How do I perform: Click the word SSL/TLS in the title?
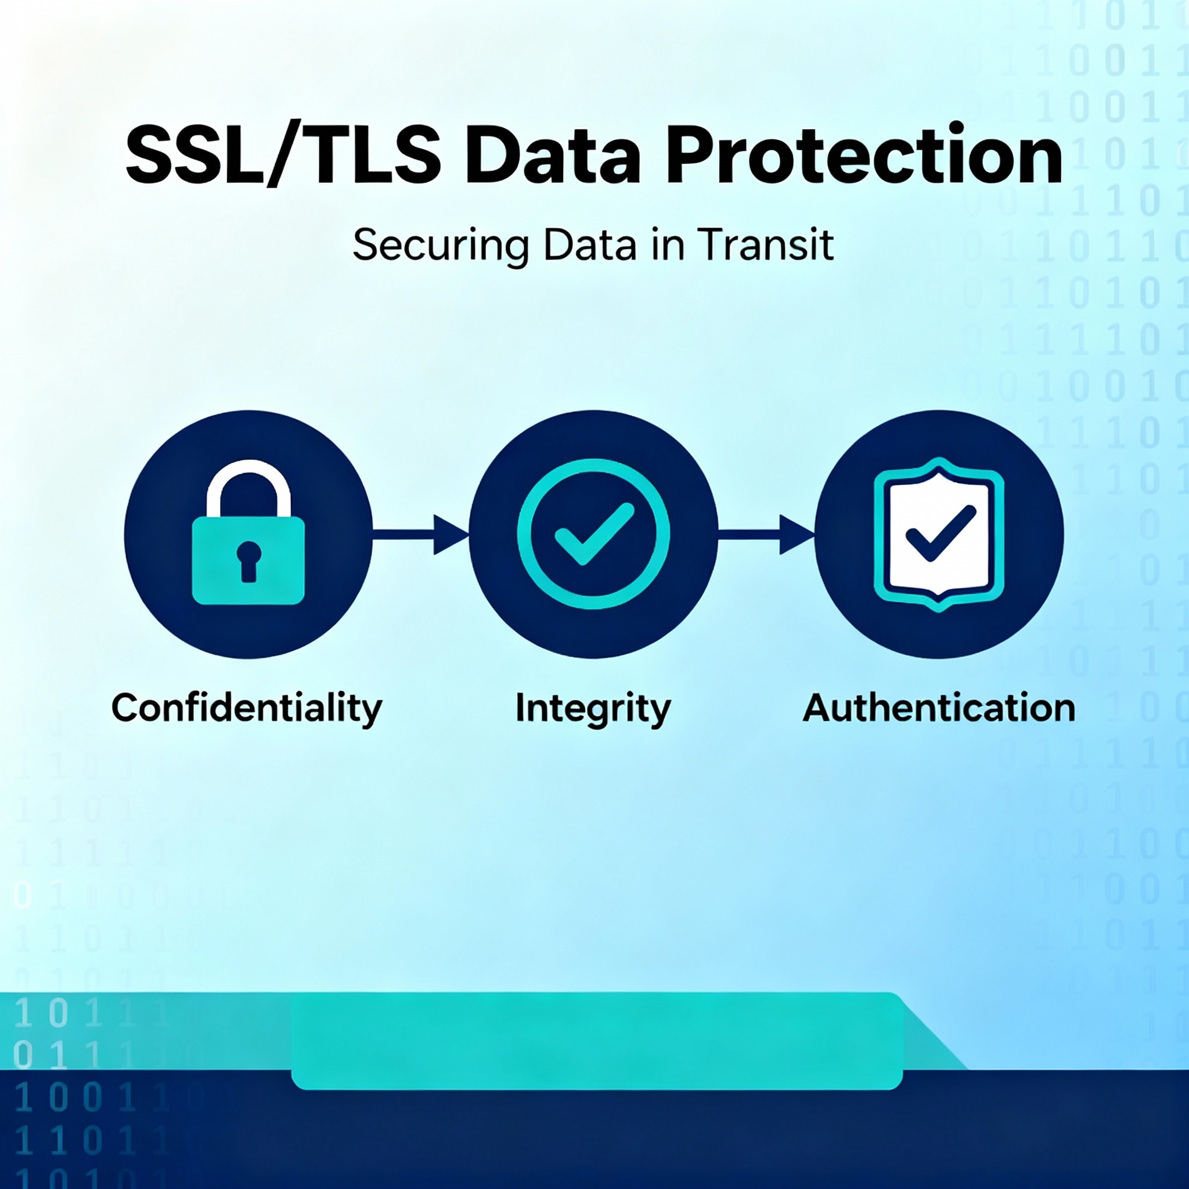tap(284, 154)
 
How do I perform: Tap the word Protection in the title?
tap(864, 154)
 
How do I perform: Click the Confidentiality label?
tap(247, 708)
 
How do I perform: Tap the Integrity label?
tap(593, 709)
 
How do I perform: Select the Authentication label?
tap(939, 708)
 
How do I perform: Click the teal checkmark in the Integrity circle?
tap(594, 533)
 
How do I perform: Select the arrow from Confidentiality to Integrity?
tap(421, 534)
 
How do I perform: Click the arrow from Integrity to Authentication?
tap(767, 534)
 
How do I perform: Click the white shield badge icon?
tap(939, 534)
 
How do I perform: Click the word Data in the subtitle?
tap(590, 245)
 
